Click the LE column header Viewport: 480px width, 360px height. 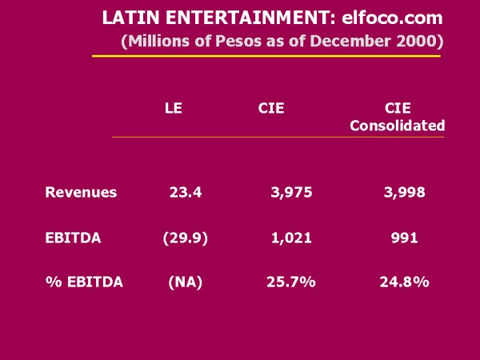[173, 108]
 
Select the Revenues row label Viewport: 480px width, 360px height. [81, 192]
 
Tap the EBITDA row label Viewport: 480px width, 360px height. [74, 238]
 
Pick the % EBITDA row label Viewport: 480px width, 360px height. [84, 282]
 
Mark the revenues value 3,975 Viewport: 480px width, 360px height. [291, 192]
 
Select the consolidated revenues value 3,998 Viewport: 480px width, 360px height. [403, 192]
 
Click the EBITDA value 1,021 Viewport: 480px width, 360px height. [291, 238]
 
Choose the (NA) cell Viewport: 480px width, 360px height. [184, 282]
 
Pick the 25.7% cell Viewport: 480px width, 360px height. [290, 282]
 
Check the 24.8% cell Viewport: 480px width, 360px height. [404, 282]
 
